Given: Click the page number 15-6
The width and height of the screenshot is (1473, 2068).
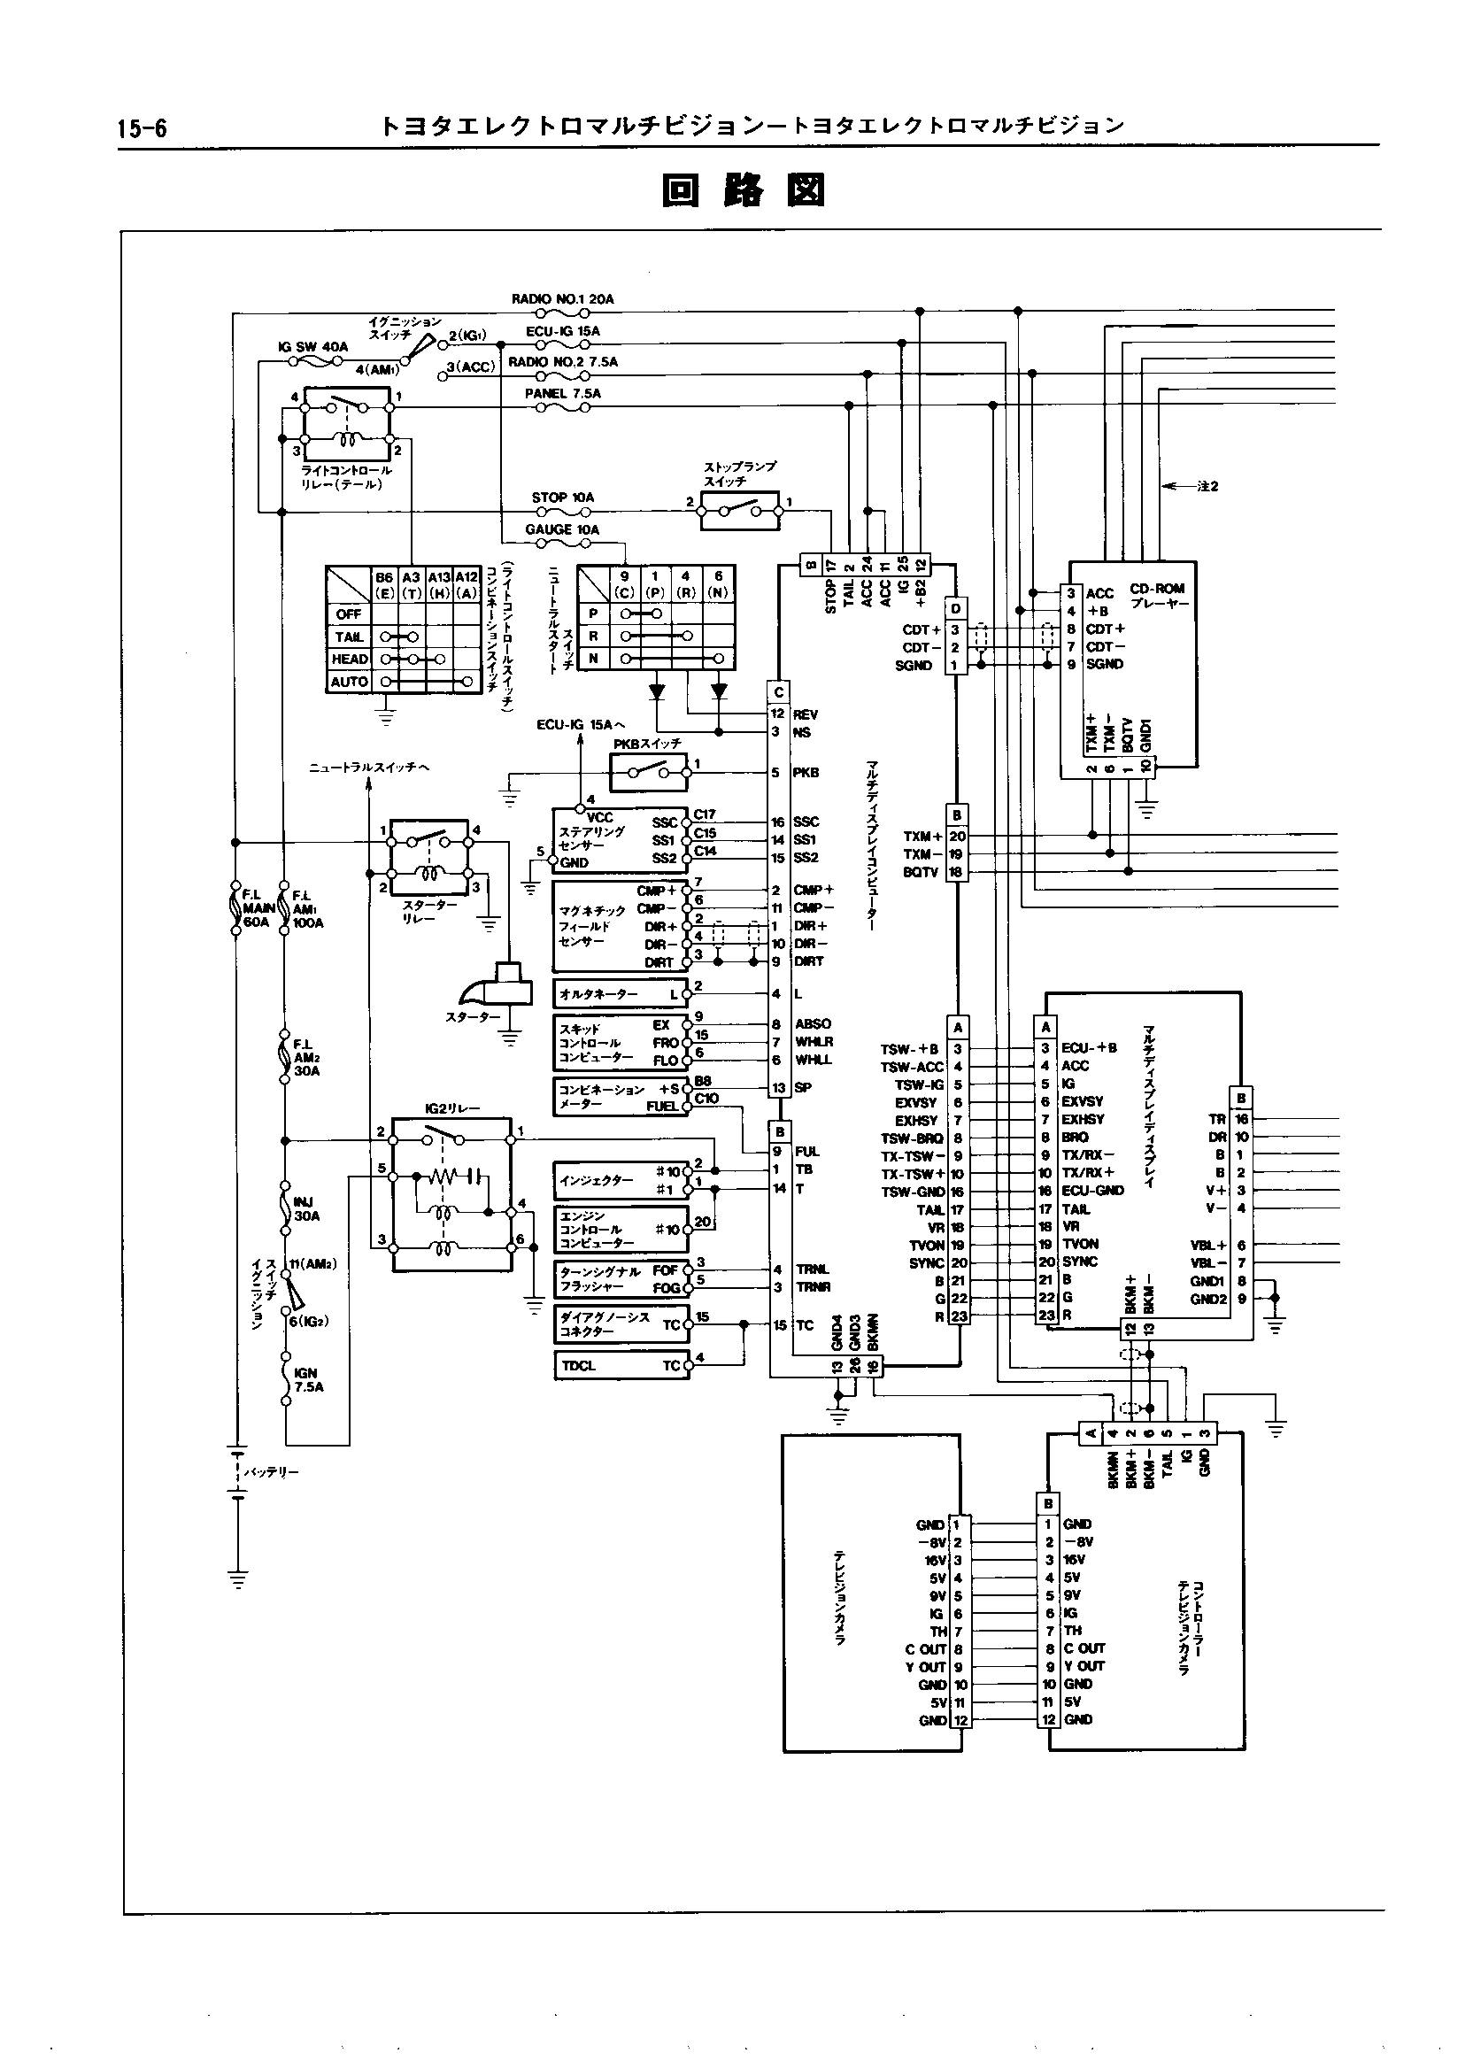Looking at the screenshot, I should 142,127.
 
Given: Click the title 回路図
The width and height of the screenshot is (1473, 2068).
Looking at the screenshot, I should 744,190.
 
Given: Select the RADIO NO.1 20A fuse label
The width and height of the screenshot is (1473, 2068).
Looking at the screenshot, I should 562,299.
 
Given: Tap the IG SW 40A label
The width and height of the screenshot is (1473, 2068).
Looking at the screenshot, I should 312,347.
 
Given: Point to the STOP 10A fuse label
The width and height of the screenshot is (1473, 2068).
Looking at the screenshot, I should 562,498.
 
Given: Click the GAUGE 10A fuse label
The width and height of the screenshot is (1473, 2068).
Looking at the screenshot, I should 562,529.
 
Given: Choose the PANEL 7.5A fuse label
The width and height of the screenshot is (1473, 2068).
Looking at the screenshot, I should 562,394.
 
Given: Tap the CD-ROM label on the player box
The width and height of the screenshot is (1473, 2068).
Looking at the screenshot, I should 1157,589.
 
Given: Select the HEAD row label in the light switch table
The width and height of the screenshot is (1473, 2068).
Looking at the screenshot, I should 349,660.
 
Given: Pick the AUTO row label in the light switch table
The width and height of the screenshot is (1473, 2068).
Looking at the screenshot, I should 349,682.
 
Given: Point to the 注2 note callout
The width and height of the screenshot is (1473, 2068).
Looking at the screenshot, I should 1207,486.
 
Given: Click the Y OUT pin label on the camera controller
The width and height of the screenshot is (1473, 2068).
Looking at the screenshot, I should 1084,1666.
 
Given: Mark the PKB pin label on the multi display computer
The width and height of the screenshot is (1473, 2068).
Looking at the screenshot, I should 806,773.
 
